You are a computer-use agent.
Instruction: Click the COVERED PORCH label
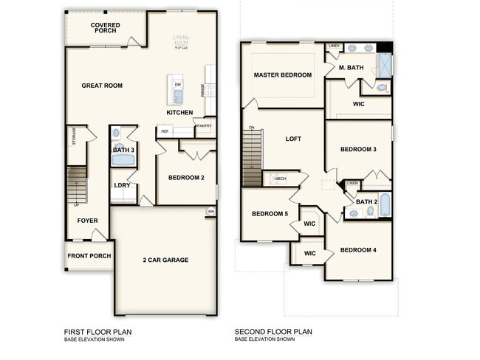[106, 29]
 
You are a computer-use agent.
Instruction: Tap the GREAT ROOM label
[102, 86]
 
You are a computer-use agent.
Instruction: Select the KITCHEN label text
[179, 113]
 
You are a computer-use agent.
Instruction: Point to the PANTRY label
[205, 126]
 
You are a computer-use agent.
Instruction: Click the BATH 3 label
[123, 150]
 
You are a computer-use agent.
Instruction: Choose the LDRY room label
[123, 185]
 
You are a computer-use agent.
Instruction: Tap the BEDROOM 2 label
[186, 178]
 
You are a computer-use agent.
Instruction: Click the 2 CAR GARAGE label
[165, 260]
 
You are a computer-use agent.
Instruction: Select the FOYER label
[87, 221]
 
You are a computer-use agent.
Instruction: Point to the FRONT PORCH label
[89, 256]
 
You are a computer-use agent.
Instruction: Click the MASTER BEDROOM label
[283, 75]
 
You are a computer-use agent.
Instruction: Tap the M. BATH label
[352, 68]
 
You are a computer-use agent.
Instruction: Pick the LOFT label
[294, 139]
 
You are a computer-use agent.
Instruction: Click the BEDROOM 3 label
[358, 150]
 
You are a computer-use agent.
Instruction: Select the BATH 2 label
[366, 201]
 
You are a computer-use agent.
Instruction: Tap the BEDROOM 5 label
[270, 214]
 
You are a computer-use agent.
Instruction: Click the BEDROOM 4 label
[358, 250]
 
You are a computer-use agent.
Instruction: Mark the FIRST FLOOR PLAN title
[97, 332]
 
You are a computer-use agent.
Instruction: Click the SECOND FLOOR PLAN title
[273, 332]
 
